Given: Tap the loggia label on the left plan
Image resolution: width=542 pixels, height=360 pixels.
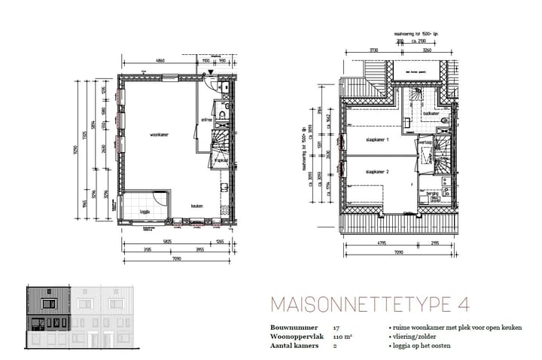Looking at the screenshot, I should [145, 212].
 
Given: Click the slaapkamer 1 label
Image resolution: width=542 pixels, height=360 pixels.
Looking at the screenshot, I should [376, 140].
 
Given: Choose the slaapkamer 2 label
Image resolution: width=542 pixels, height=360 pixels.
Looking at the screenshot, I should [376, 172].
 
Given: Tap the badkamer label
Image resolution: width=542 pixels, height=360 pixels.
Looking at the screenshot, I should [431, 113].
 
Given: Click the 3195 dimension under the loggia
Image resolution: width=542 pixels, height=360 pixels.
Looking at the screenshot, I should [148, 249].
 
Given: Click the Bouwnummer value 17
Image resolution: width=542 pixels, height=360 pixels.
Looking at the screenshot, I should [336, 329].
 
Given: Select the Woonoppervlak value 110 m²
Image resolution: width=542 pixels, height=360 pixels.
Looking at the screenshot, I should [341, 337].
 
